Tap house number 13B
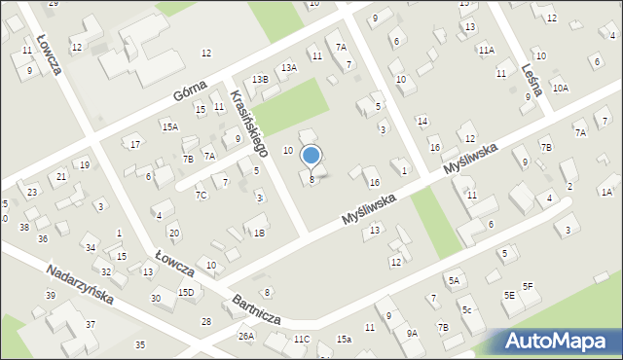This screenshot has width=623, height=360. coord(259,79)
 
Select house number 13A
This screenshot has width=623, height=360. coord(289,67)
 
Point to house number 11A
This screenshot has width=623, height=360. coord(486,50)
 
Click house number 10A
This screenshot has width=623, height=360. coord(560,88)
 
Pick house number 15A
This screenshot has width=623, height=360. coord(170,126)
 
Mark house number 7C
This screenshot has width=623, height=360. coord(201,195)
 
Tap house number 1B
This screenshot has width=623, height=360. coord(259,233)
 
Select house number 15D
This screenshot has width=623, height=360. coord(185,292)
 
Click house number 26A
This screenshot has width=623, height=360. coord(246,337)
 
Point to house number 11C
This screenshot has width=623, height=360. coord(301,339)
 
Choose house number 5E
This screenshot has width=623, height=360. coord(509,295)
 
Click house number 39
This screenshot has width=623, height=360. coord(50,295)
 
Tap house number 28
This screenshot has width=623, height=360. coord(206,321)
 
